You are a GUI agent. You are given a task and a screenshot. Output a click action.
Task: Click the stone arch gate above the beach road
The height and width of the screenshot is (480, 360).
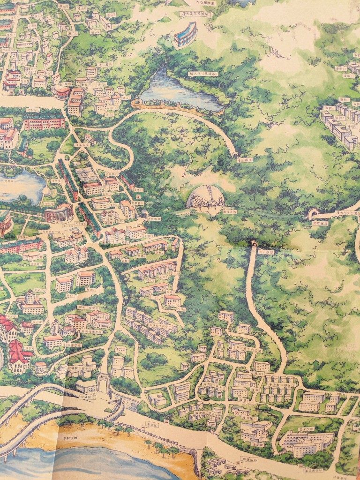(x=103, y=382)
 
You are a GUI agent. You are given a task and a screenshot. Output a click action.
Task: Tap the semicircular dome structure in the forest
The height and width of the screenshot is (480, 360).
(x=206, y=197)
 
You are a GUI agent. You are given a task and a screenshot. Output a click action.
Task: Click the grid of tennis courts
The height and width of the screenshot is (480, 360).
(x=89, y=175)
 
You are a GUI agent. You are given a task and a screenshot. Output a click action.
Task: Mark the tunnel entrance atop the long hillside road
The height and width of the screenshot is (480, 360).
(x=254, y=244)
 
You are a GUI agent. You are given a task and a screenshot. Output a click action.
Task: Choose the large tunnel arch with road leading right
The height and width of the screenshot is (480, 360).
(x=312, y=214)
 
